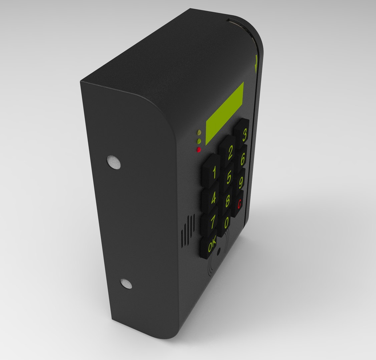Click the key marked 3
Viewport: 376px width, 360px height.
244,135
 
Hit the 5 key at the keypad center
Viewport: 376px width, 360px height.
229,177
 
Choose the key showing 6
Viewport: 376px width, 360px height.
243,158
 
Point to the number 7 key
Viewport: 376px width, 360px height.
213,221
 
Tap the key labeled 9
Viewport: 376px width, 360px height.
241,182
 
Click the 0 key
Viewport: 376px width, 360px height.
227,222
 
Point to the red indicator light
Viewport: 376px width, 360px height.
199,150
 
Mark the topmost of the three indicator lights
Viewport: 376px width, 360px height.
199,132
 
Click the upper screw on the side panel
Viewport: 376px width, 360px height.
114,162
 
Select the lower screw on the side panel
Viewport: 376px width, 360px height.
126,284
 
